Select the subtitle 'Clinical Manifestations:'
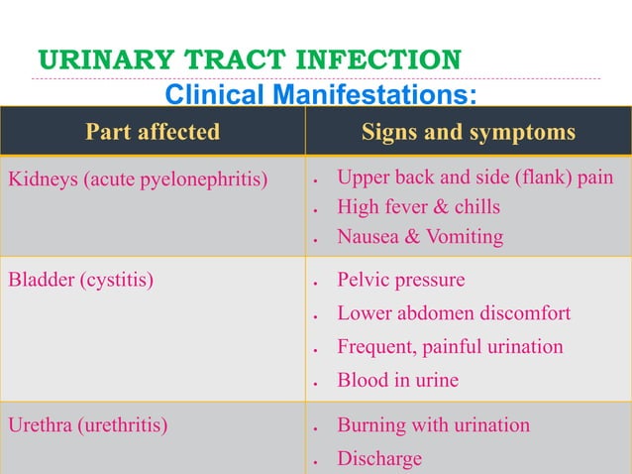[x=320, y=95]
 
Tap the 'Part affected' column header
[x=153, y=132]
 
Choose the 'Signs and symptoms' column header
[x=469, y=132]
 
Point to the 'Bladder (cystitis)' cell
[x=81, y=281]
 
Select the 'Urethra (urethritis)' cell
[x=88, y=426]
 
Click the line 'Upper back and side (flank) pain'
[x=474, y=178]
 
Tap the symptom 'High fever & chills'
[x=418, y=207]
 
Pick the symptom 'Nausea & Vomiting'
[x=420, y=237]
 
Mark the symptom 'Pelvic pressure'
[x=400, y=281]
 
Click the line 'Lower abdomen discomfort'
[x=454, y=314]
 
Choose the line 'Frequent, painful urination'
[x=450, y=347]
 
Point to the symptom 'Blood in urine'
[x=397, y=381]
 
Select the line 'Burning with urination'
[x=433, y=426]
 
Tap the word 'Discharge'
[x=379, y=459]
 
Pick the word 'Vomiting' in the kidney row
[x=465, y=237]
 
